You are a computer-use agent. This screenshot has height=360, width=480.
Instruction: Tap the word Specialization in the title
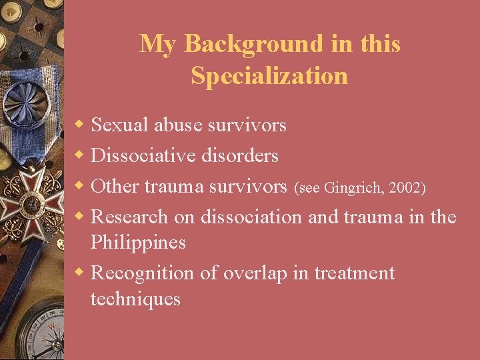(x=269, y=75)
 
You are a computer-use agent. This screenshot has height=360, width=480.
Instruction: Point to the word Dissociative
(x=143, y=155)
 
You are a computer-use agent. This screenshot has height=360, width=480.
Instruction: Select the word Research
(x=130, y=217)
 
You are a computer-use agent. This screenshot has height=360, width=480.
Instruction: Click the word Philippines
(x=138, y=242)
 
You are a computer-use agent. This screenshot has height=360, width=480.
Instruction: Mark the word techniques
(x=135, y=299)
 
